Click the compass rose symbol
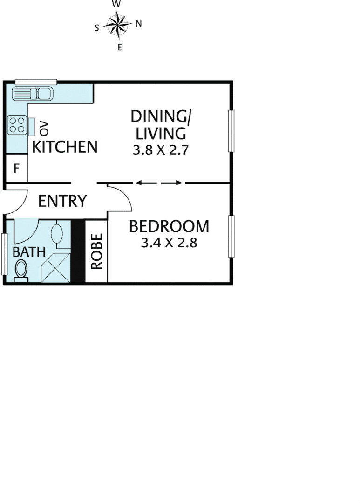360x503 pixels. (x=117, y=25)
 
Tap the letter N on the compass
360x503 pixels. (x=138, y=24)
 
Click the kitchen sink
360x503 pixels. (x=33, y=94)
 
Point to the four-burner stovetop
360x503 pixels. (x=17, y=125)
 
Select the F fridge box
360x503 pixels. (x=16, y=168)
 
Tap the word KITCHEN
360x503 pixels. (x=65, y=147)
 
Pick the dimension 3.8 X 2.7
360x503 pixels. (x=161, y=151)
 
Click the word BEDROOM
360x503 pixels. (x=169, y=227)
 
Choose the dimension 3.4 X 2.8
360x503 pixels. (x=169, y=243)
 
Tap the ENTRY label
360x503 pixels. (x=62, y=201)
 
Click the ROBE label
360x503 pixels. (x=96, y=251)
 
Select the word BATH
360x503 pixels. (x=29, y=252)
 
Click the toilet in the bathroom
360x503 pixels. (x=21, y=270)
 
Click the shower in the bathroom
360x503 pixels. (x=55, y=268)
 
